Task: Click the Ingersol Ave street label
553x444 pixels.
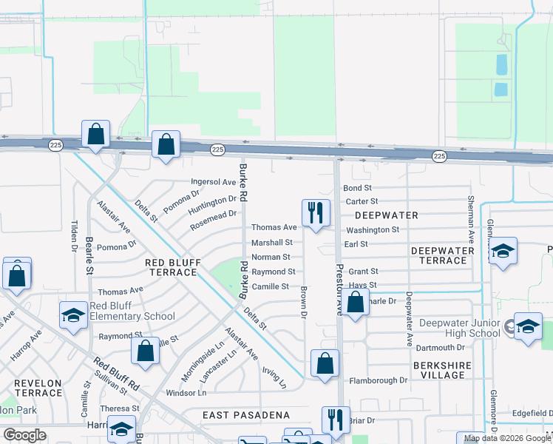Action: (214, 181)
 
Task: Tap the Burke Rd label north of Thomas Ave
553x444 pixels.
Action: (241, 187)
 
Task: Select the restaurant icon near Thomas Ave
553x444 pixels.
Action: (316, 213)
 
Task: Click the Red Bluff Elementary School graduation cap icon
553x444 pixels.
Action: (74, 316)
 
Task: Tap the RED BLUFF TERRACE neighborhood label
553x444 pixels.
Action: (171, 267)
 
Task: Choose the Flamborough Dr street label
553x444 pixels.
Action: (378, 380)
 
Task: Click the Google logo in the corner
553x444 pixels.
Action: (24, 435)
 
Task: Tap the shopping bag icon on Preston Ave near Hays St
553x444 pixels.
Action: (356, 303)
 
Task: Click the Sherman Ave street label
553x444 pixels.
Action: (470, 220)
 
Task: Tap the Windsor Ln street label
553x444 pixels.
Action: (186, 393)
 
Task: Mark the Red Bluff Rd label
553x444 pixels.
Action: (117, 374)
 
